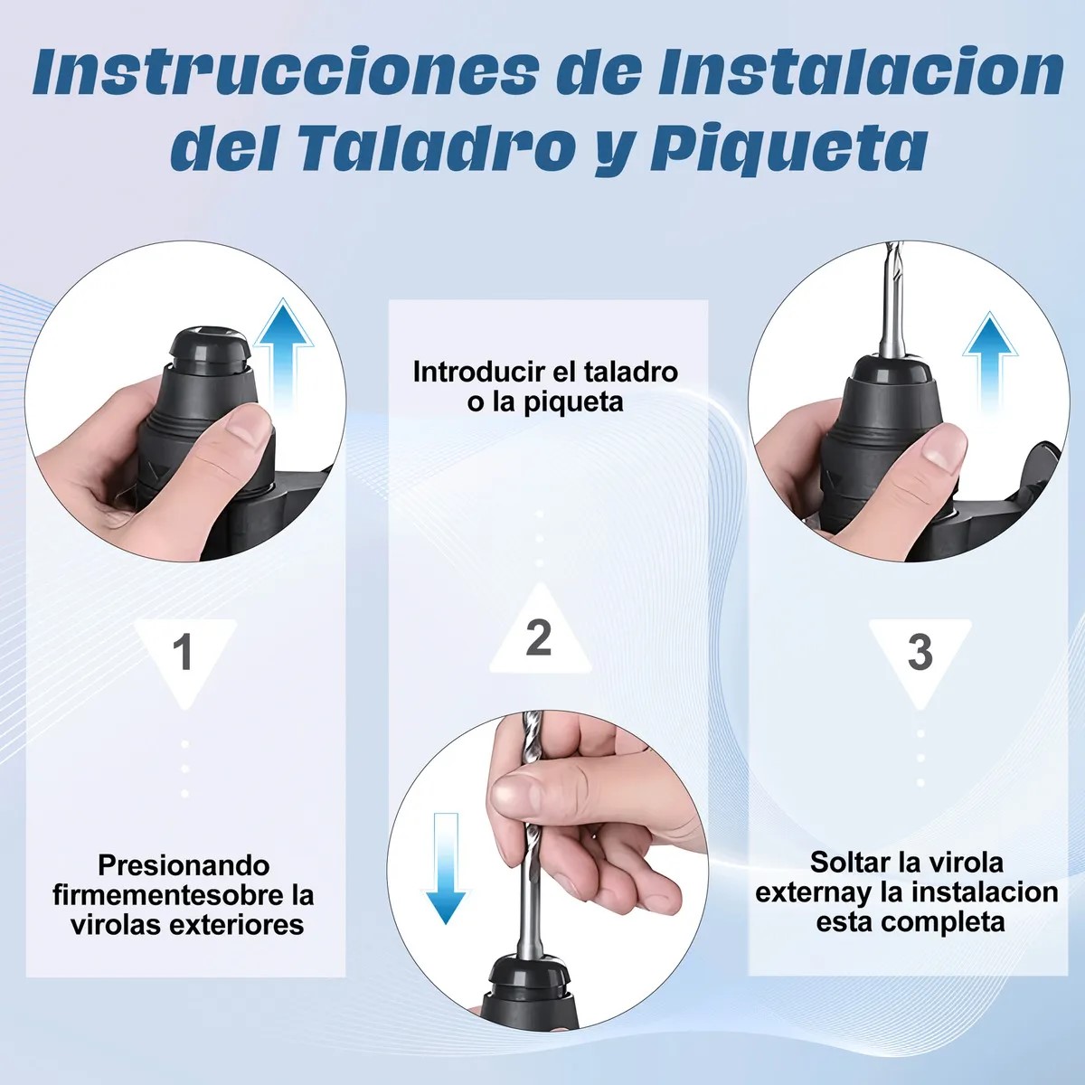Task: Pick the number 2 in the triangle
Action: [539, 637]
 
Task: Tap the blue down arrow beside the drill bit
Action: [446, 868]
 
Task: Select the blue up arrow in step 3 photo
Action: [991, 362]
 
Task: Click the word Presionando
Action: [184, 865]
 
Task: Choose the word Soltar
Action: [845, 862]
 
